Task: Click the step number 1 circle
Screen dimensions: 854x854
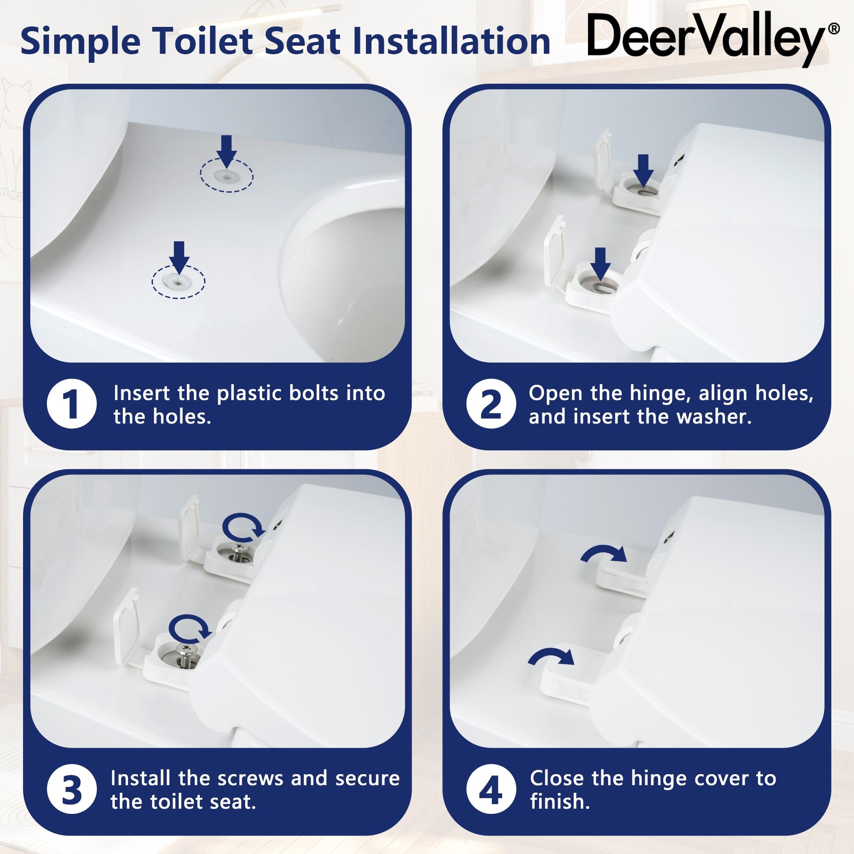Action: (x=72, y=405)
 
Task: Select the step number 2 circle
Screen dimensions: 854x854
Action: (x=491, y=405)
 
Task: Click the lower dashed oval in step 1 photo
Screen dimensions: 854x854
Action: (x=178, y=281)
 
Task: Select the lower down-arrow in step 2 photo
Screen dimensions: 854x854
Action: (x=601, y=263)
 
